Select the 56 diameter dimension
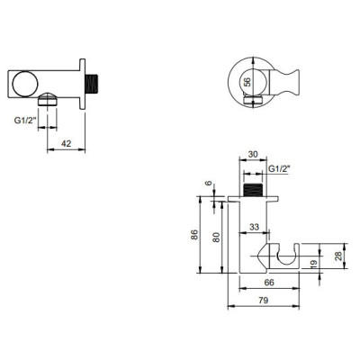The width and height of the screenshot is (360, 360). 247,82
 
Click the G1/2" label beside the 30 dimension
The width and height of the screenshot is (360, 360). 279,167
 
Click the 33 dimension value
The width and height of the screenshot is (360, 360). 255,226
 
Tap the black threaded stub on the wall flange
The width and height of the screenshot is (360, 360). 90,85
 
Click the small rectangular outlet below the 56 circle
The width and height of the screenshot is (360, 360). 247,111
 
